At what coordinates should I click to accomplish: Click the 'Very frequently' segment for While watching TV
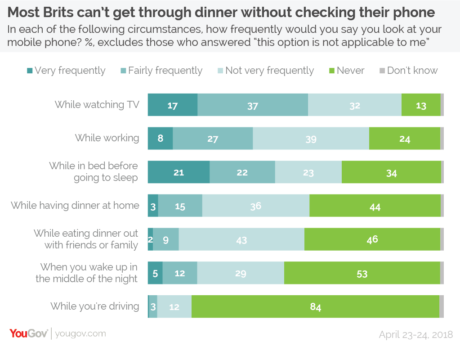tap(173, 105)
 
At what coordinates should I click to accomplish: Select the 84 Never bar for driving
tap(315, 307)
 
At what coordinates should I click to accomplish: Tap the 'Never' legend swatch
tap(332, 71)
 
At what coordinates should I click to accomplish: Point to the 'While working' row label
tap(107, 138)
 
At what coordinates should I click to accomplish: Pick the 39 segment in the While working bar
tap(311, 139)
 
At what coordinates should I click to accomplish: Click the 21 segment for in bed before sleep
tap(179, 172)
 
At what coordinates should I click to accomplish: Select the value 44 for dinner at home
tap(375, 206)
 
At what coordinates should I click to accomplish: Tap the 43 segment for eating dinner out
tap(241, 239)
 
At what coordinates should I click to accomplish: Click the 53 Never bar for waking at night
tap(362, 273)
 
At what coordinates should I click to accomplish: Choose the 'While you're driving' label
tap(95, 306)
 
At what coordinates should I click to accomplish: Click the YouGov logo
tap(28, 333)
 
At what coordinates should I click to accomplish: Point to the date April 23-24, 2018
tap(415, 334)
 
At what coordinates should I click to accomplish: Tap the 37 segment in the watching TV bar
tap(252, 105)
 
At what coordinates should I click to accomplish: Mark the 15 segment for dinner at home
tap(180, 206)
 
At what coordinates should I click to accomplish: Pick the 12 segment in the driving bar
tap(174, 307)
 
